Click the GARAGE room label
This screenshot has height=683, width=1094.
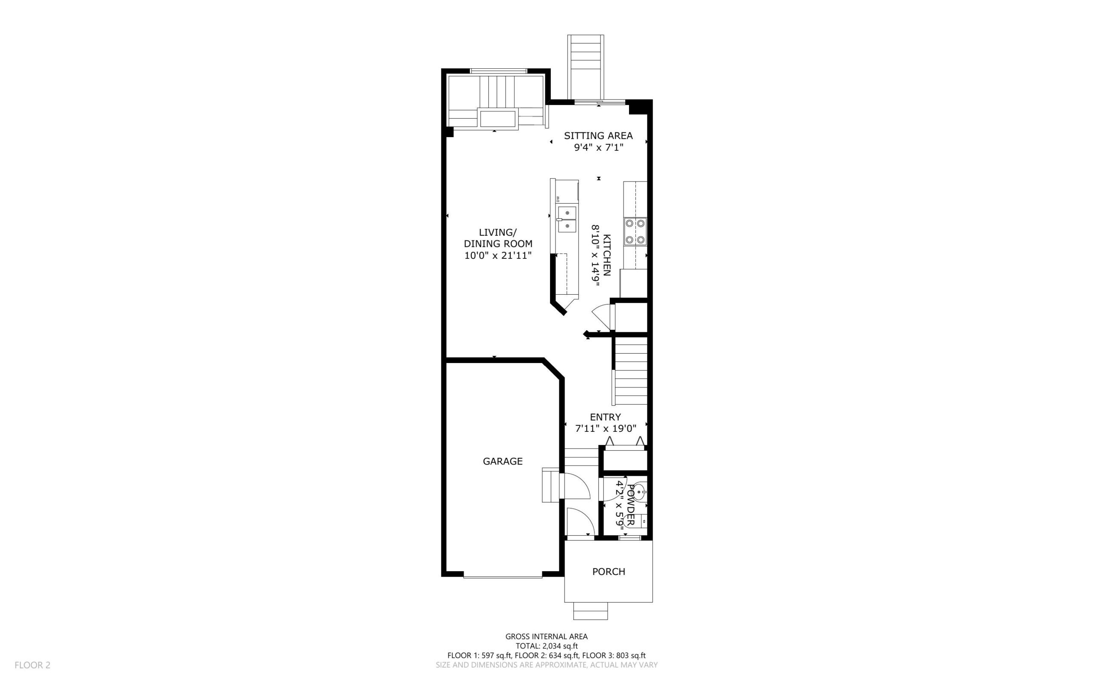[x=503, y=461]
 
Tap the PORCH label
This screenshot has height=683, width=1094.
[x=609, y=572]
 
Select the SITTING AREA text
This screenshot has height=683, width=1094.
[x=598, y=135]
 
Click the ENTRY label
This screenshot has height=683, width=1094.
[x=606, y=417]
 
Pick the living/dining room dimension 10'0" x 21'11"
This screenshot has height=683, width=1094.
[x=498, y=255]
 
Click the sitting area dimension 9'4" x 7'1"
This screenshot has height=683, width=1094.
[x=599, y=147]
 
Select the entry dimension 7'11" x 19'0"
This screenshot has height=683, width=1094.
[x=606, y=428]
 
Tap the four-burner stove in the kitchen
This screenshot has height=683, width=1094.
[x=635, y=231]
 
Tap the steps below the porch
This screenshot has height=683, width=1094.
[x=591, y=611]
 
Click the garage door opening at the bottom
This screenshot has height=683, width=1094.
[x=503, y=576]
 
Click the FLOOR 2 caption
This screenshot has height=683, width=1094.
[x=32, y=665]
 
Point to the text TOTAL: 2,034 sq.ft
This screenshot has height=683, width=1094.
[x=547, y=646]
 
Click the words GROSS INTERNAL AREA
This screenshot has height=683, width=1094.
[x=546, y=636]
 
